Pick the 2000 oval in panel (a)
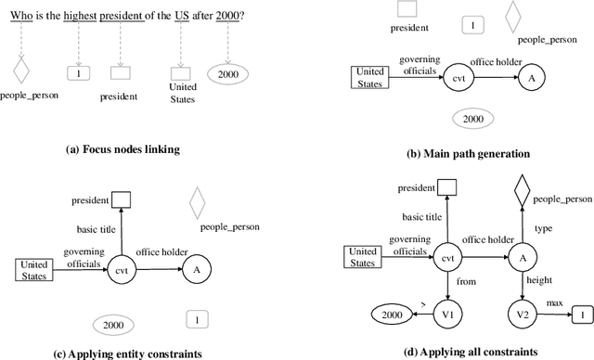pyautogui.click(x=229, y=72)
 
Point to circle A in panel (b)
pyautogui.click(x=532, y=79)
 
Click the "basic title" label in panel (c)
pyautogui.click(x=100, y=229)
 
